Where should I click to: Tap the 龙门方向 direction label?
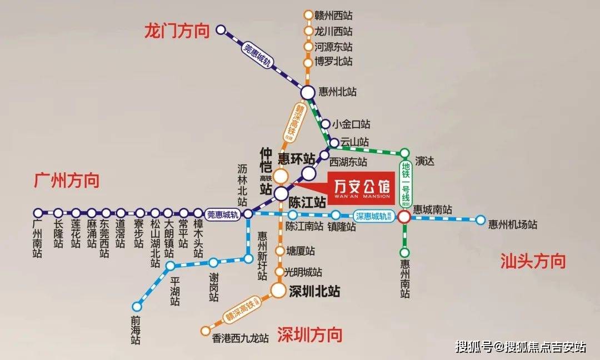point(177,31)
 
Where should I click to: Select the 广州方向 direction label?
point(67,181)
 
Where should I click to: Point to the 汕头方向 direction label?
point(533,261)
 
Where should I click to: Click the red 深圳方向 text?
point(309,334)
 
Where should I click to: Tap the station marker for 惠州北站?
point(308,92)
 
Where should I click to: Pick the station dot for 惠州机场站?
point(481,220)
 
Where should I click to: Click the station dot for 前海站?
point(137,306)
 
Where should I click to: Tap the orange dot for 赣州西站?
point(308,15)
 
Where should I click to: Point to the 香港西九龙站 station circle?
point(205,332)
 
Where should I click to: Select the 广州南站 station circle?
point(38,213)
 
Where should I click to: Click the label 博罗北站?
point(333,62)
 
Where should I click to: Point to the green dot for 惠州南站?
point(404,253)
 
